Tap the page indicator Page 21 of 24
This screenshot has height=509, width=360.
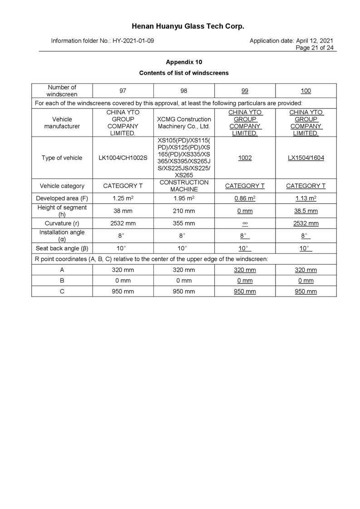click(314, 48)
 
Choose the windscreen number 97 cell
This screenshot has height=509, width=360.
click(123, 91)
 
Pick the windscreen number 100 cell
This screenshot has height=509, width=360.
click(306, 91)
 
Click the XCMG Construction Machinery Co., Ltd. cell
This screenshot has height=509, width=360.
click(184, 123)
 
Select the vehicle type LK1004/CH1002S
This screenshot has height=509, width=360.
click(123, 158)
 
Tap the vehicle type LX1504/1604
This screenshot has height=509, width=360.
click(306, 158)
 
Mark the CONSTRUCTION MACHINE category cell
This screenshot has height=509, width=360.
click(184, 186)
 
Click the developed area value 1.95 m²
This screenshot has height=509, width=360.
click(184, 198)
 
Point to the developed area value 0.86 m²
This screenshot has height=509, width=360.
click(245, 198)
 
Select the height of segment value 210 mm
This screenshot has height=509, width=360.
click(184, 211)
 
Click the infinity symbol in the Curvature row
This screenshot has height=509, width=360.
click(245, 223)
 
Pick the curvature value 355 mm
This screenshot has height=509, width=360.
click(184, 223)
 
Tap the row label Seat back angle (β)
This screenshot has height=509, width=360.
click(62, 248)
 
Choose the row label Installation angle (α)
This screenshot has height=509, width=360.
click(62, 235)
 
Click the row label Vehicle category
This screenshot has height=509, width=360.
click(62, 186)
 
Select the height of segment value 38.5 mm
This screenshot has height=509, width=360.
click(306, 211)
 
